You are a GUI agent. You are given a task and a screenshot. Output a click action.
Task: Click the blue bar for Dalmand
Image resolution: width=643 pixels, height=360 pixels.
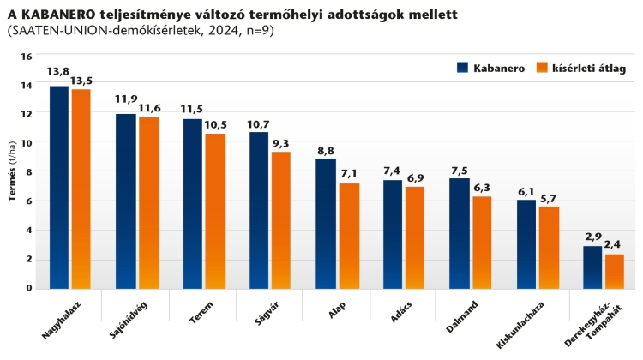(460, 233)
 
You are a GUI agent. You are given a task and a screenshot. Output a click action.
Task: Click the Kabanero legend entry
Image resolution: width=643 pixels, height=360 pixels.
(490, 68)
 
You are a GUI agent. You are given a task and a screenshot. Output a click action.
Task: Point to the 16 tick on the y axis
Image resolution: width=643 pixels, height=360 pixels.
(26, 57)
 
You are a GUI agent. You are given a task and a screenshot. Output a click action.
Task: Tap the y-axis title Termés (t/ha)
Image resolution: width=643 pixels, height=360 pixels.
(12, 171)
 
